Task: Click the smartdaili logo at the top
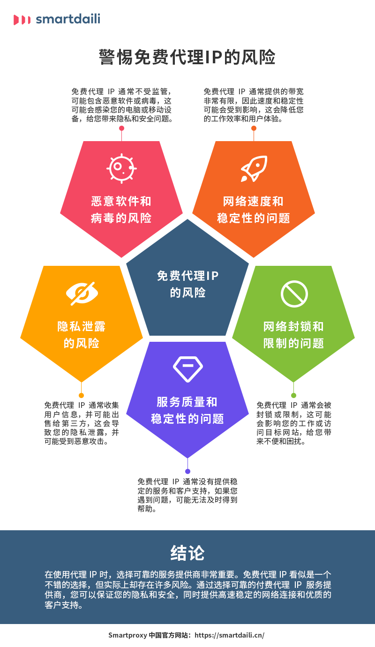tap(57, 19)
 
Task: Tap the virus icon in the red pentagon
tap(121, 167)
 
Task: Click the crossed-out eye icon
tap(82, 293)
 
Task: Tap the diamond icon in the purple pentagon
tap(187, 368)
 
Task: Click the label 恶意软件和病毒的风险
tap(121, 210)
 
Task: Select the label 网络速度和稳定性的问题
tap(254, 210)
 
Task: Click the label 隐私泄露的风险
tap(82, 334)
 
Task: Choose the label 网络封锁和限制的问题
tap(294, 334)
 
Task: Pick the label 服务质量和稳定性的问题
tap(187, 410)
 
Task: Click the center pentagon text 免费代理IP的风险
tap(187, 284)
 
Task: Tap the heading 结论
tap(187, 553)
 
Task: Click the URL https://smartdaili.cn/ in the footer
tap(229, 635)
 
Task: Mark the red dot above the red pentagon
tap(121, 128)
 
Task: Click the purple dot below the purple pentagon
tap(187, 471)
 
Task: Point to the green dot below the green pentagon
tap(294, 395)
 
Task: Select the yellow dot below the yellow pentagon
tap(82, 395)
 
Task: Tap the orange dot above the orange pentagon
tap(254, 128)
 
